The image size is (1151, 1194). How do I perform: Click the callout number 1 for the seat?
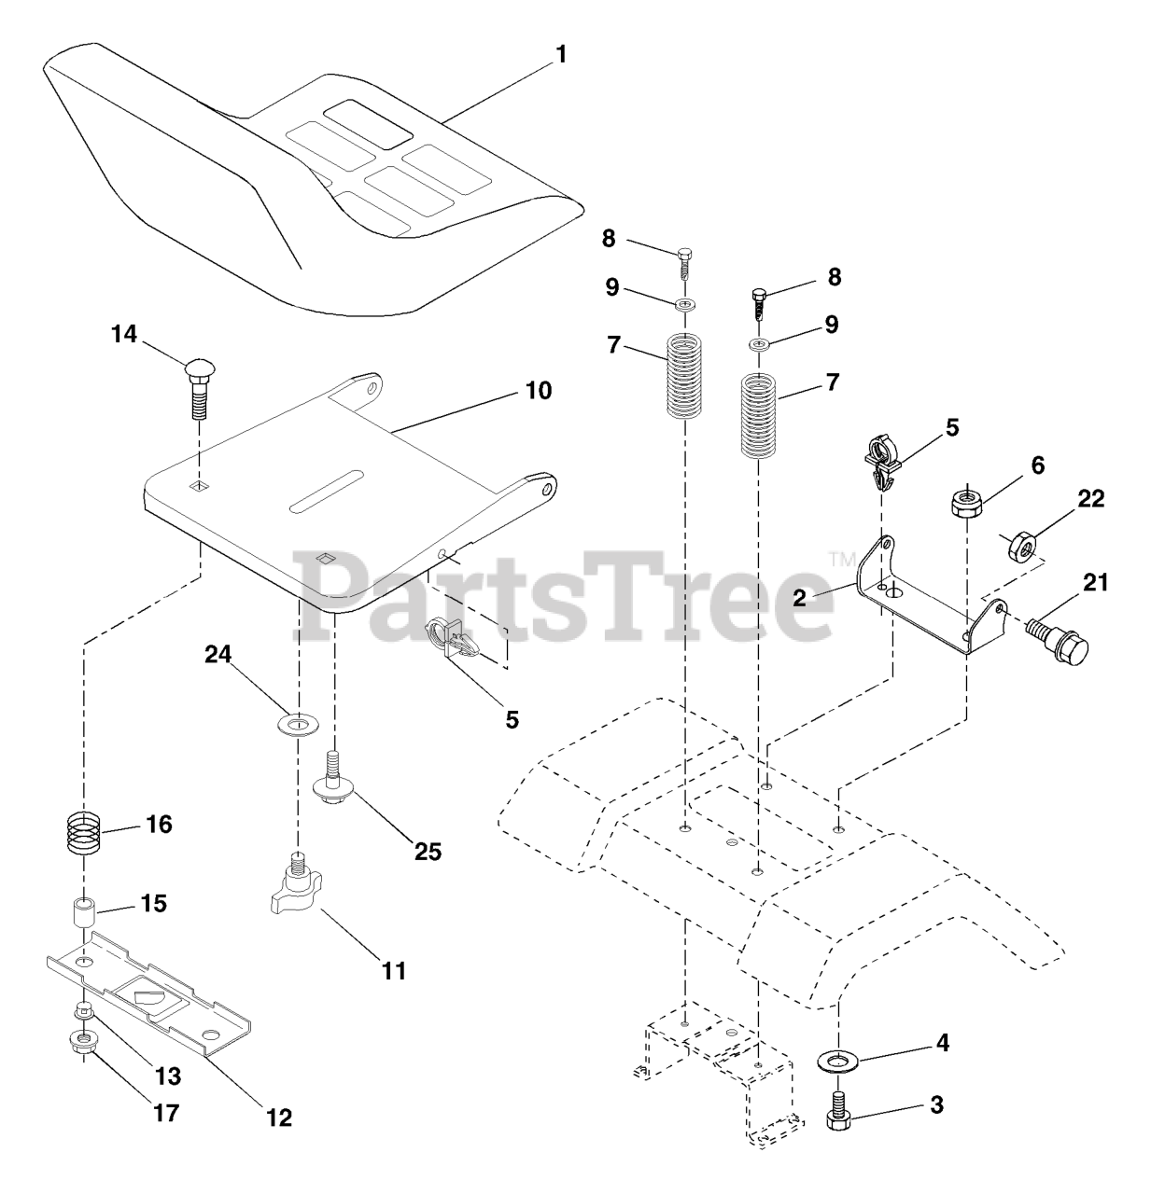tap(560, 55)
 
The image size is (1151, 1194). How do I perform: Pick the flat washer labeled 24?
tap(298, 724)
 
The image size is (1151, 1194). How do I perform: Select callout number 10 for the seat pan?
tap(539, 390)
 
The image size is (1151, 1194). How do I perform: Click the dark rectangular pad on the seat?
tap(369, 124)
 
